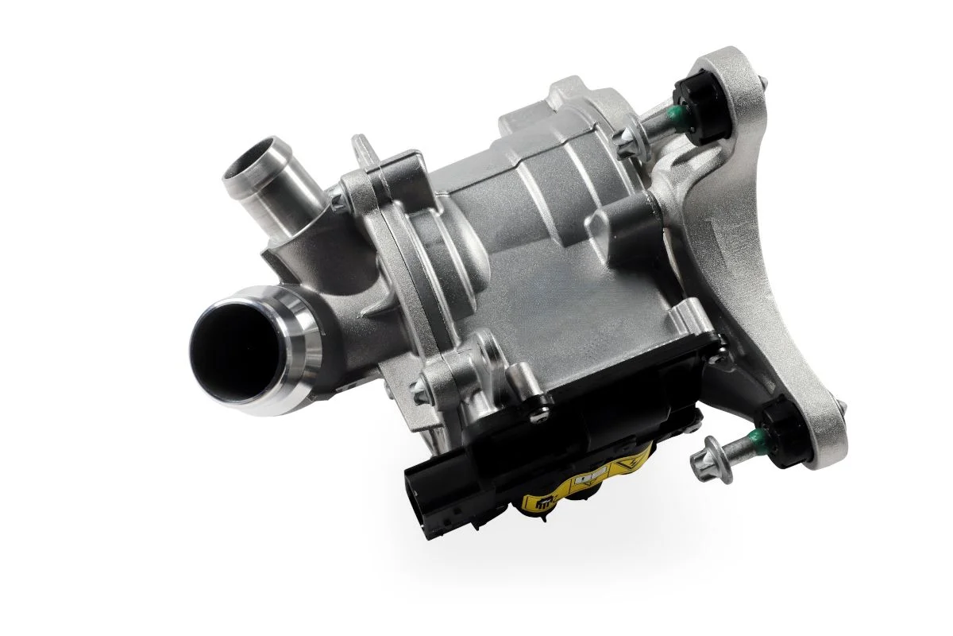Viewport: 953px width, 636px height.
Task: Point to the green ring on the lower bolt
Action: [754, 436]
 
